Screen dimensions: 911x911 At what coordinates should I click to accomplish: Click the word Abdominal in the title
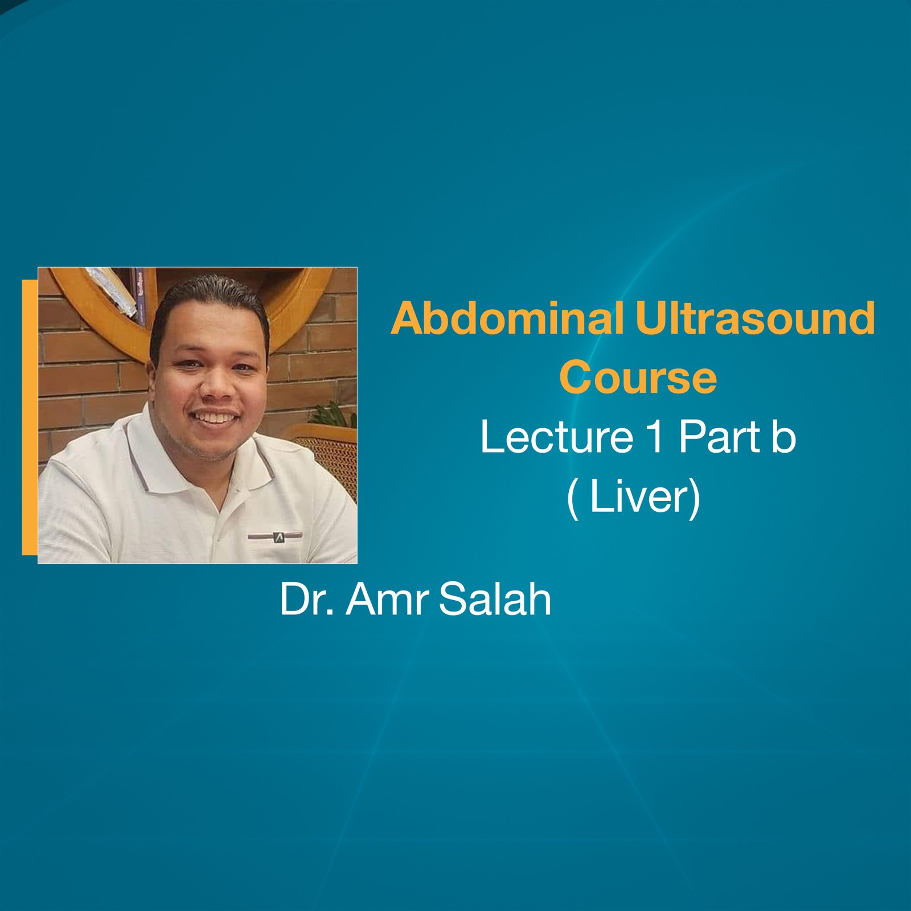pos(507,319)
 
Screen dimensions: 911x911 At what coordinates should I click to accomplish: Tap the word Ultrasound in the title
pos(755,319)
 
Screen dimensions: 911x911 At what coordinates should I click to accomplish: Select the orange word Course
pos(638,377)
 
